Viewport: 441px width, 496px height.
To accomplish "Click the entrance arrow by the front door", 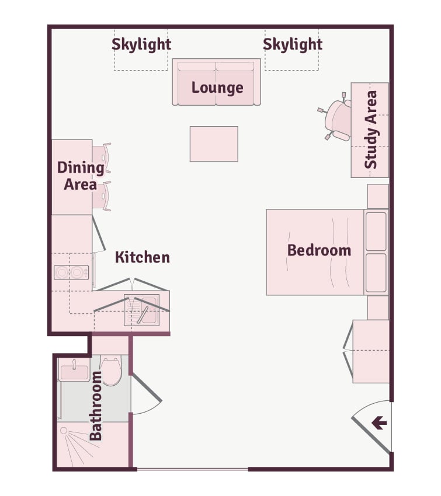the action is (379, 422).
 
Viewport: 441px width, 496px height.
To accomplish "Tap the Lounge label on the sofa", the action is (217, 88).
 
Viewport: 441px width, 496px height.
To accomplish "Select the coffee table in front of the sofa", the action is (214, 144).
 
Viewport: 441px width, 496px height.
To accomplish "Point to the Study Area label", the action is (371, 130).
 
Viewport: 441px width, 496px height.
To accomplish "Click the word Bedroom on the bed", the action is (319, 250).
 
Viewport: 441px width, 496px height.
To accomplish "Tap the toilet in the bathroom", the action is (110, 370).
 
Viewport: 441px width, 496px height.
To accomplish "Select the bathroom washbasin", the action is (74, 371).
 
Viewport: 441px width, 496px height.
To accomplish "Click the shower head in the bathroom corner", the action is (64, 431).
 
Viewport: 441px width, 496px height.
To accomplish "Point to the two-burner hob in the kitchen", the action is (71, 273).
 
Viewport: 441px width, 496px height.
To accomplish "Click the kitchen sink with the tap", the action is (141, 310).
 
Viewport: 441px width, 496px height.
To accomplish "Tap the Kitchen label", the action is (143, 257).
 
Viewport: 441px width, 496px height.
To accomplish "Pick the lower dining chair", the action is (102, 196).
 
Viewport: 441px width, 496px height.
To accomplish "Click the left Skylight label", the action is (141, 44).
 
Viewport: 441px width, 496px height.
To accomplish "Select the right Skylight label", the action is (293, 44).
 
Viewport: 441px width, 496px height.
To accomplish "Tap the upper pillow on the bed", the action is (376, 232).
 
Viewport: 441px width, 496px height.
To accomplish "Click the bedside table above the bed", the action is (378, 197).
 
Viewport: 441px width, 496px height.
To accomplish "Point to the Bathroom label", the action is (96, 406).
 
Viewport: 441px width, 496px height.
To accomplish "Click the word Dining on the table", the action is (81, 167).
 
